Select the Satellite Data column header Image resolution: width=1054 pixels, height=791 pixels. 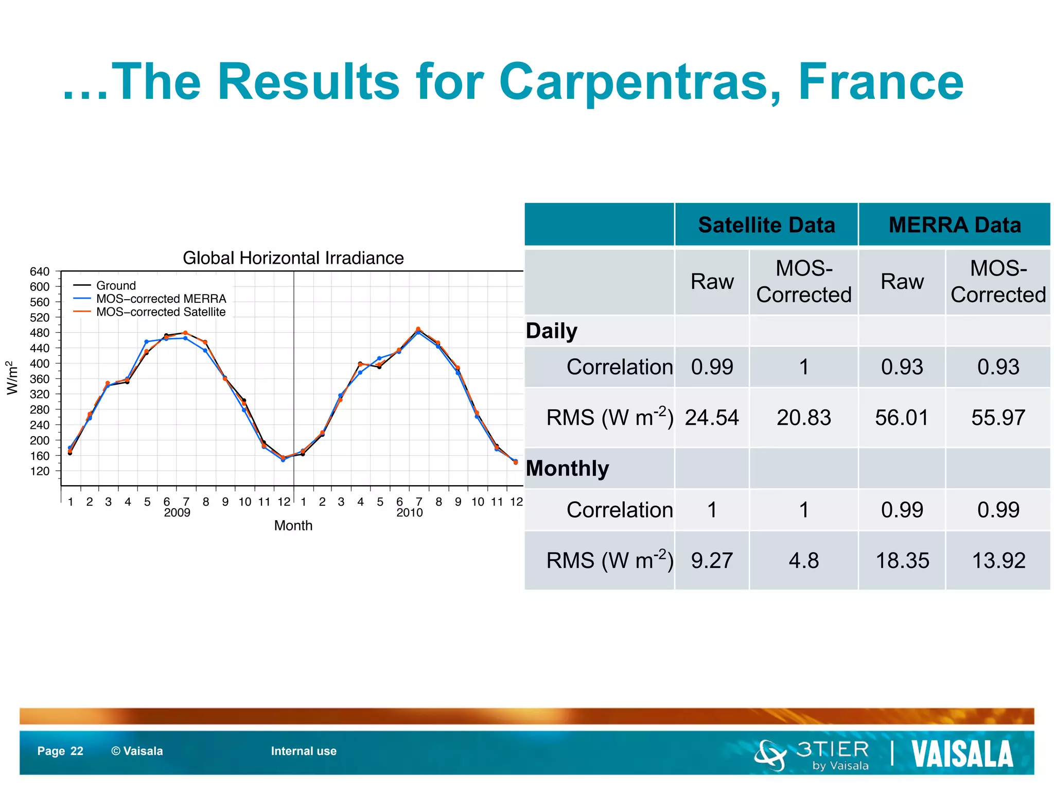click(x=766, y=225)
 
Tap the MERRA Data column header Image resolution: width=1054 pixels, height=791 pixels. click(x=954, y=225)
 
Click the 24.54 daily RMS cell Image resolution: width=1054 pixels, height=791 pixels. click(x=711, y=418)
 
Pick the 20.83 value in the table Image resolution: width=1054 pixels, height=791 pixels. click(x=803, y=418)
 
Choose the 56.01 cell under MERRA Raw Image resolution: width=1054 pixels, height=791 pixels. click(x=902, y=418)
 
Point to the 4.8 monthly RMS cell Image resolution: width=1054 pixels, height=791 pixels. click(x=803, y=560)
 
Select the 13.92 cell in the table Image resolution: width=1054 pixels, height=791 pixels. click(x=998, y=560)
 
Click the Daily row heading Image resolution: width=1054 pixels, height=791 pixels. click(x=551, y=331)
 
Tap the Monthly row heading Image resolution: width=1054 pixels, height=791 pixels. click(x=567, y=469)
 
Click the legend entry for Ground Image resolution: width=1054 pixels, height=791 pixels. click(x=116, y=285)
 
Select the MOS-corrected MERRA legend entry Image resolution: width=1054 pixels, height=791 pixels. click(x=161, y=299)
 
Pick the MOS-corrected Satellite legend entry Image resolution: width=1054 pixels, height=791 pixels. click(x=161, y=312)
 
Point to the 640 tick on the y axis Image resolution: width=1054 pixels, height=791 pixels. click(x=40, y=271)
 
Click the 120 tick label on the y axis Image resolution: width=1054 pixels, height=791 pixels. click(x=40, y=471)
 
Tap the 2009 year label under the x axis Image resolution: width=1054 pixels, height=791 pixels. click(x=177, y=513)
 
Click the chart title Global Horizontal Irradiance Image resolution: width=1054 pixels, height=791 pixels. click(x=293, y=258)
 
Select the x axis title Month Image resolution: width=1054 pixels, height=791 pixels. click(x=293, y=526)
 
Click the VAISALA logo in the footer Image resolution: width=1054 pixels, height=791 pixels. click(x=962, y=754)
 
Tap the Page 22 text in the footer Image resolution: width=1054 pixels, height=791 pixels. click(x=60, y=751)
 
